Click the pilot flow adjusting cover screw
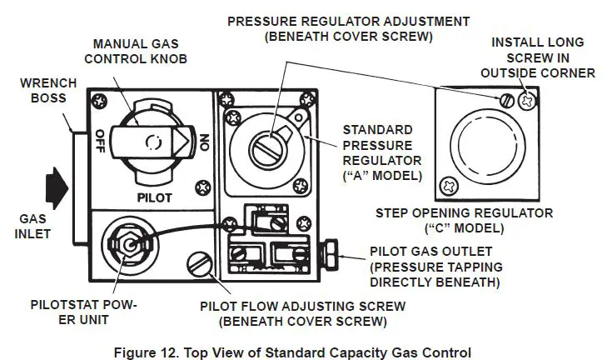tap(199, 267)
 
